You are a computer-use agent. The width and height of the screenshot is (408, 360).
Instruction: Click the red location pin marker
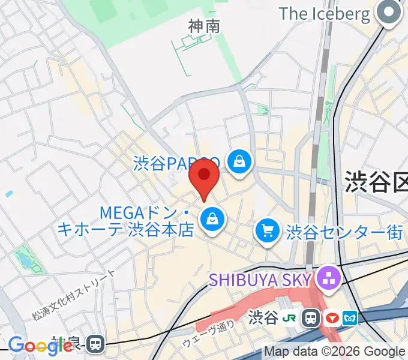[204, 175]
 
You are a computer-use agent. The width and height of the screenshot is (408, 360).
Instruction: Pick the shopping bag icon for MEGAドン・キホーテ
[212, 219]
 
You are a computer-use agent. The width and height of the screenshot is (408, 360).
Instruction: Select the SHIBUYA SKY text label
[260, 279]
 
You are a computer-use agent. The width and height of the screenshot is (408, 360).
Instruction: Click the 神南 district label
[204, 26]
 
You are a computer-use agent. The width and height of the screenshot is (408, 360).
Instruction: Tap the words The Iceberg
[325, 14]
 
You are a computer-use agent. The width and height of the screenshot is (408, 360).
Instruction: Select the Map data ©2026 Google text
[335, 352]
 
